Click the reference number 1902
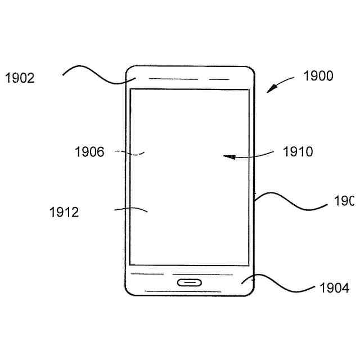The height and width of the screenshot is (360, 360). coord(20,78)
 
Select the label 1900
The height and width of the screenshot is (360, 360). coord(318,76)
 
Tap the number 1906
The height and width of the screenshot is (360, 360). coord(89,151)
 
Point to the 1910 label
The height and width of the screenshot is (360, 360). coord(298,151)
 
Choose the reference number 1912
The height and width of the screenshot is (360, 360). coord(64,212)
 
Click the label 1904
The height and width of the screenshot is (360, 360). coord(334,289)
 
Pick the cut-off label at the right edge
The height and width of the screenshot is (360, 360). coord(344,201)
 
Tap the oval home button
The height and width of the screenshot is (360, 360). coord(190,282)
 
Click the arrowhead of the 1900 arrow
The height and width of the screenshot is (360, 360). coord(271,89)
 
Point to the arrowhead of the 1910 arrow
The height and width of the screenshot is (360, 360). coord(227,157)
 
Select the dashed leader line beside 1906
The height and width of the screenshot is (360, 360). coord(129,152)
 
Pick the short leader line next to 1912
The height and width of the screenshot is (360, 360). coord(130,209)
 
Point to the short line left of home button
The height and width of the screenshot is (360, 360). coord(151,274)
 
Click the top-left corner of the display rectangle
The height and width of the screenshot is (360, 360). coord(131,89)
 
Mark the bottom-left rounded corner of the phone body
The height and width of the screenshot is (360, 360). coord(128,291)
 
